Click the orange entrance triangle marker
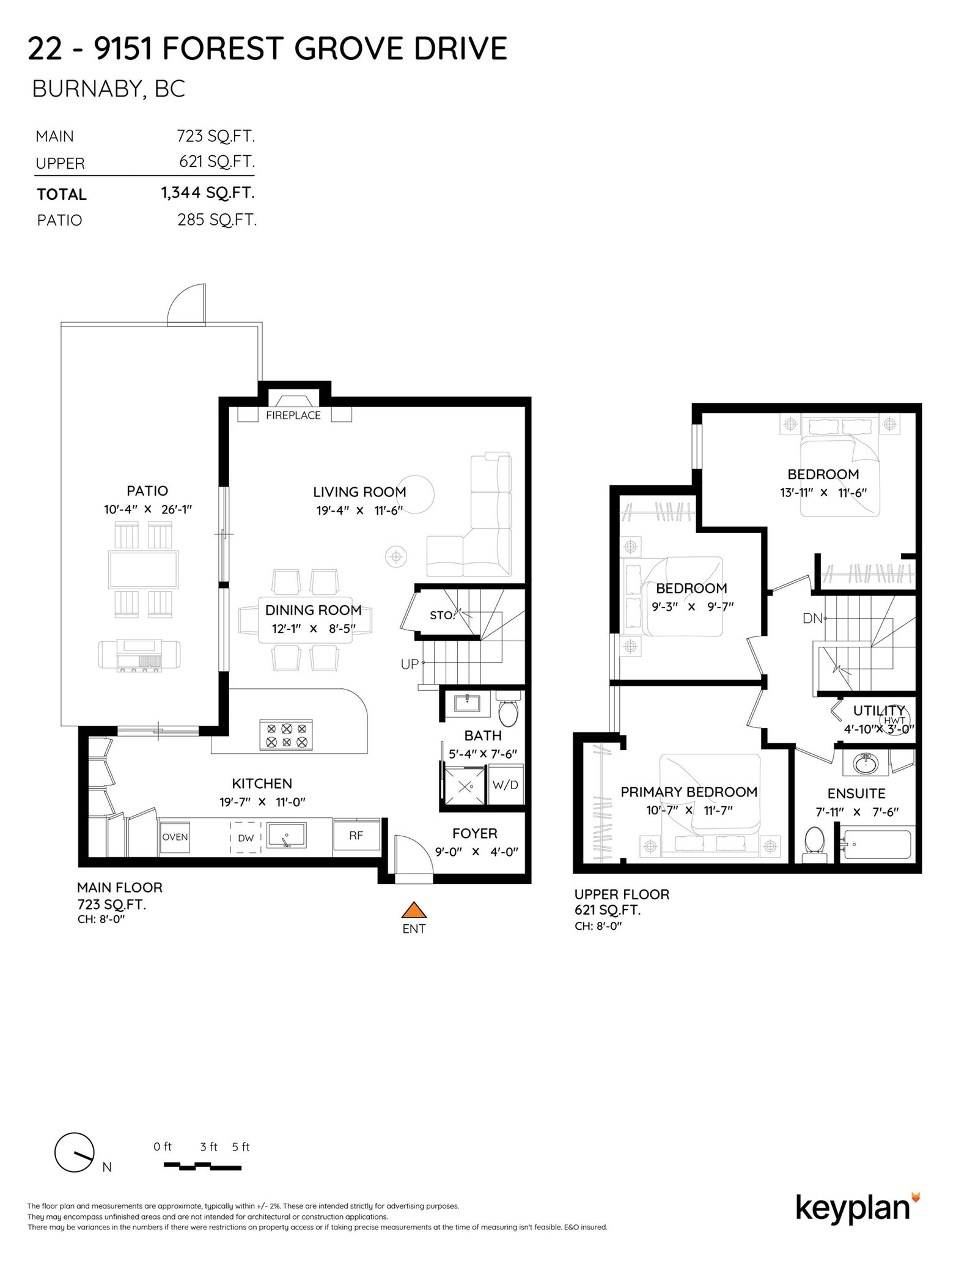click(414, 910)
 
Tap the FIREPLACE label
click(293, 416)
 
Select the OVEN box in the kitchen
click(175, 837)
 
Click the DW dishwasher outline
click(246, 837)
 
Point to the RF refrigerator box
click(356, 836)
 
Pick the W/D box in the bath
click(506, 785)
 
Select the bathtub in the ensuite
click(875, 845)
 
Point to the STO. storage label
click(443, 615)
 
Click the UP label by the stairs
click(410, 664)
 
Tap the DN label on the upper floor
click(812, 618)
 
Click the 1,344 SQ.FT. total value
click(208, 193)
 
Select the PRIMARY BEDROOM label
click(689, 792)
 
